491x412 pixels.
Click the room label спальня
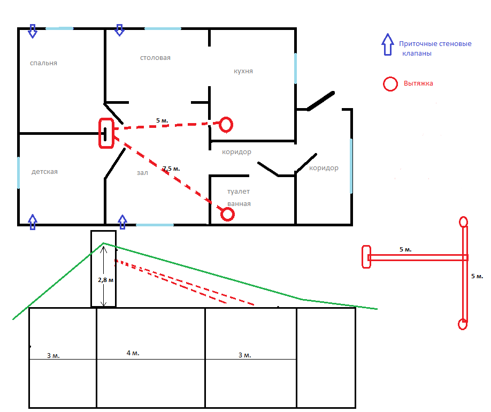click(43, 63)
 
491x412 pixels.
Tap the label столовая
click(155, 58)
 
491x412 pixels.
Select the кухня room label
click(243, 71)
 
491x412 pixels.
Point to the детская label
click(44, 172)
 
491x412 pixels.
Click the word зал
click(142, 173)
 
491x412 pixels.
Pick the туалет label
click(239, 192)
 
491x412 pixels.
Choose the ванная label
click(239, 204)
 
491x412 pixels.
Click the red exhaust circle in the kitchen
click(226, 125)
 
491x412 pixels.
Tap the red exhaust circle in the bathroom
click(227, 215)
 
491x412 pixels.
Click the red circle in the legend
click(390, 84)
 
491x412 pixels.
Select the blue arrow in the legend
click(388, 44)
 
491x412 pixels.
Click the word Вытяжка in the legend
click(418, 83)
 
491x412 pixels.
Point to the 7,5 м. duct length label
click(171, 169)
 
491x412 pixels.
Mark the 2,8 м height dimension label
click(106, 280)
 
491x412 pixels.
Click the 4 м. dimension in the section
click(133, 353)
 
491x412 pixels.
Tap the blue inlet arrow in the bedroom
click(33, 31)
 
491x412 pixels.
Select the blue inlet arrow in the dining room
click(119, 30)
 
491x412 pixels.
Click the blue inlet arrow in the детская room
click(33, 222)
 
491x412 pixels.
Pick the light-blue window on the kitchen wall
click(295, 68)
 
